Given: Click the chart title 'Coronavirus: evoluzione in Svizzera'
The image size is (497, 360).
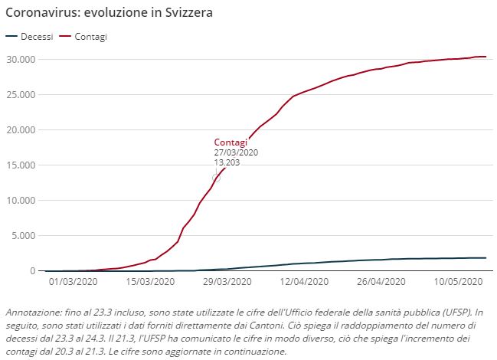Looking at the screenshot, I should click(110, 14).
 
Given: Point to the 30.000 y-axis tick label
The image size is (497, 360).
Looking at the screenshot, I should click(21, 59).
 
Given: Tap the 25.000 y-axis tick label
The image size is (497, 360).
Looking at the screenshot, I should click(21, 94).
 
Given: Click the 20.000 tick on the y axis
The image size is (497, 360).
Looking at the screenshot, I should click(21, 129).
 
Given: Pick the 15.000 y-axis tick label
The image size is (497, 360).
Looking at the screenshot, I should click(21, 165).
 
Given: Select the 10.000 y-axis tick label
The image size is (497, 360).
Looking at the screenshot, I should click(21, 200).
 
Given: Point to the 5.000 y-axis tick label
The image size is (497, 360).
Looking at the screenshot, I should click(23, 235).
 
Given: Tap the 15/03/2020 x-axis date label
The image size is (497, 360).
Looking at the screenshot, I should click(149, 282).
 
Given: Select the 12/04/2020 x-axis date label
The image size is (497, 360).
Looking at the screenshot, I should click(303, 282).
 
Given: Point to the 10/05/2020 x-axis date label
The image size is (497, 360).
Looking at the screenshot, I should click(456, 282).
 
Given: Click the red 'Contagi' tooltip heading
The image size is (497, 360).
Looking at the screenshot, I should click(231, 142).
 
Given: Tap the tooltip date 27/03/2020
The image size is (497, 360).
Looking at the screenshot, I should click(236, 152).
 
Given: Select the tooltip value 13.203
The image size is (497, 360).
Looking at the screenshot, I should click(227, 162).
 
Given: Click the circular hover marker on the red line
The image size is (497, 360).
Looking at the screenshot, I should click(216, 178).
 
